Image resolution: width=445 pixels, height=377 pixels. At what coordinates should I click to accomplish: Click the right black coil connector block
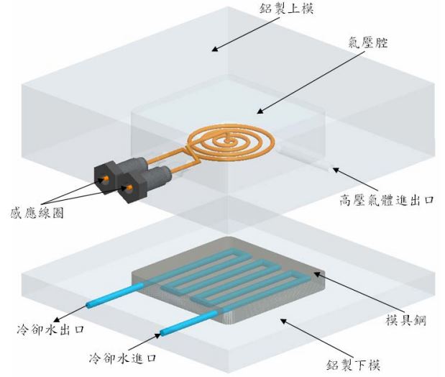click(134, 186)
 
